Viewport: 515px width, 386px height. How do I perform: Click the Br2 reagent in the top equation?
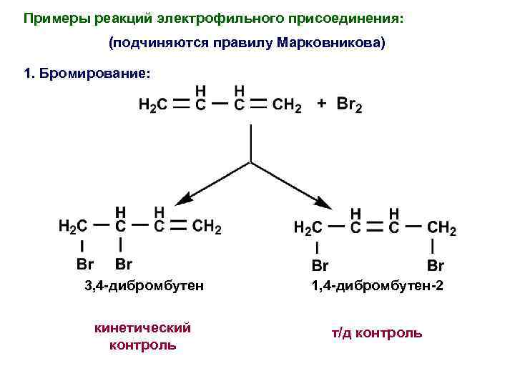[x=349, y=106]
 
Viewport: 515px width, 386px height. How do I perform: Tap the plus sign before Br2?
[x=323, y=104]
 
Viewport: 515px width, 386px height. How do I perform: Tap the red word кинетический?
[x=143, y=328]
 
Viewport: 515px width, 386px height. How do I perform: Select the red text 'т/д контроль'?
[x=376, y=333]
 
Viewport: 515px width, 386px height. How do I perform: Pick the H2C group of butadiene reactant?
[x=153, y=106]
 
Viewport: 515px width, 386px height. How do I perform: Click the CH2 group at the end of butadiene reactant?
[x=287, y=106]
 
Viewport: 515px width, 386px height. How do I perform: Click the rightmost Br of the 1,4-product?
[x=435, y=266]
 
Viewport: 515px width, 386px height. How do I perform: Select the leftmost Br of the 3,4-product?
[x=84, y=264]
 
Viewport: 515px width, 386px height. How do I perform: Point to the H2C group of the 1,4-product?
[x=309, y=229]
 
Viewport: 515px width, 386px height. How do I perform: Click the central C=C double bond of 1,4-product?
[x=374, y=228]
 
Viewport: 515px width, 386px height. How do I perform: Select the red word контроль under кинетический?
[x=143, y=345]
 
